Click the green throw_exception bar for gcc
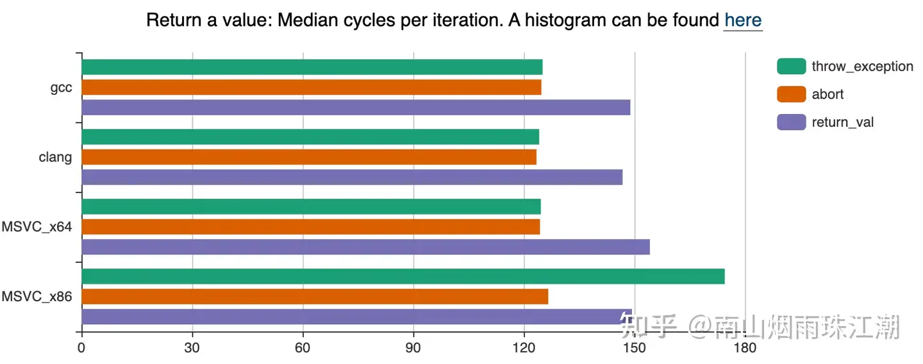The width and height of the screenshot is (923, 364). [312, 67]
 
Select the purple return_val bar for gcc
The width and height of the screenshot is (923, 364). [356, 108]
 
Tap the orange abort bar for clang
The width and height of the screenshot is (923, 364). [309, 157]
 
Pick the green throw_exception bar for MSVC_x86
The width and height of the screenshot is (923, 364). [403, 276]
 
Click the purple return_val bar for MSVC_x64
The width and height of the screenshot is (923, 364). [366, 247]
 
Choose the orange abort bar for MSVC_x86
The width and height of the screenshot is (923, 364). [315, 297]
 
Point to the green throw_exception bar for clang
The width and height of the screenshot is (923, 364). [311, 136]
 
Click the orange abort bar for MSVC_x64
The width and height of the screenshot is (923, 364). [311, 227]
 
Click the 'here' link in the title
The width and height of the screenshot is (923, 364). [743, 20]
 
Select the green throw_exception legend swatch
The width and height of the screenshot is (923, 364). [792, 66]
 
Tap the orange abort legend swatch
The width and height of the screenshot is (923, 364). [792, 94]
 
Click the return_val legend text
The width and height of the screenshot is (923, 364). [843, 122]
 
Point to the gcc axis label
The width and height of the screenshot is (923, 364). [61, 88]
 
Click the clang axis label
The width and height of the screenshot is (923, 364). [55, 157]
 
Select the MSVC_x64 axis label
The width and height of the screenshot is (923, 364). [37, 227]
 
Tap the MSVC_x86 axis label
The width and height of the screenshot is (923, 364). [37, 297]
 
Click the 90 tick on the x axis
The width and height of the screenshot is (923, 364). [413, 348]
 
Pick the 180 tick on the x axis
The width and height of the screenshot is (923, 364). [745, 348]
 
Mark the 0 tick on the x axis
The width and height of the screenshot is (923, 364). [81, 348]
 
